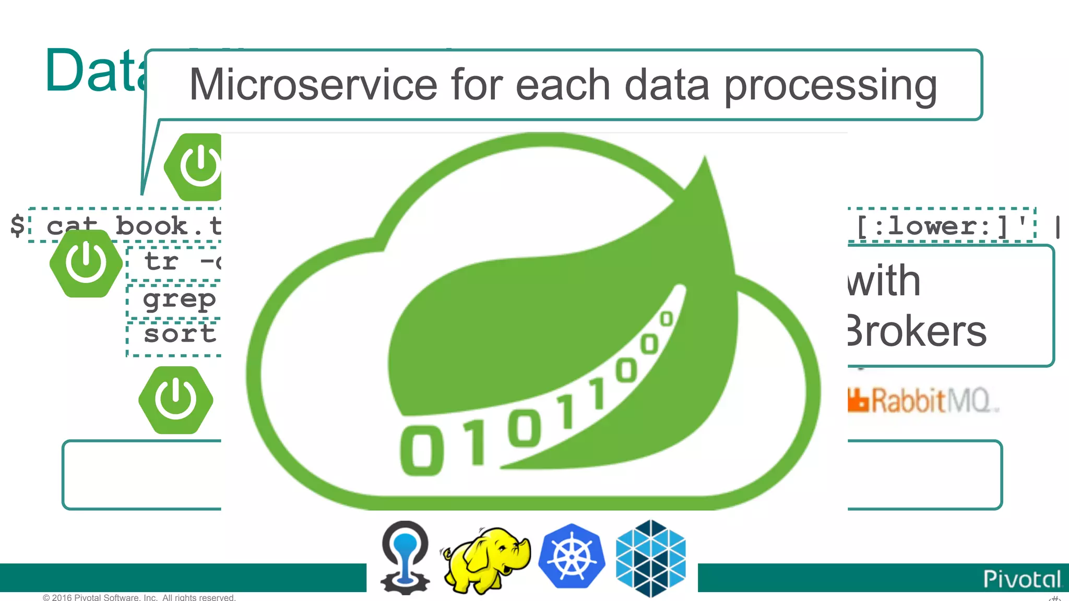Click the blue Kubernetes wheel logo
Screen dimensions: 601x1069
[572, 556]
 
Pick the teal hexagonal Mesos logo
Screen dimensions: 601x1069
[650, 558]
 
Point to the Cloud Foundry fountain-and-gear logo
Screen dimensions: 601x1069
[405, 557]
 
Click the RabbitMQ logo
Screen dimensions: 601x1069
[923, 401]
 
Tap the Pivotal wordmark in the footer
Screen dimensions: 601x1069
[1022, 579]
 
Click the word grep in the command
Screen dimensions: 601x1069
[179, 299]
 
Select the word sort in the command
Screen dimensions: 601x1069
[180, 334]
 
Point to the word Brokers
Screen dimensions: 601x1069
[917, 331]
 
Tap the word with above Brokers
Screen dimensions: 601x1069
[884, 281]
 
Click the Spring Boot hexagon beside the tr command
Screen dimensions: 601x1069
[86, 263]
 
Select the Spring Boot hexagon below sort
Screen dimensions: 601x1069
[176, 400]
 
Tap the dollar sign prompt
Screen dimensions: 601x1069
[17, 225]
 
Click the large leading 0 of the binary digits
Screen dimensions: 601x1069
[422, 450]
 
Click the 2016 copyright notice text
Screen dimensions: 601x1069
[139, 597]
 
